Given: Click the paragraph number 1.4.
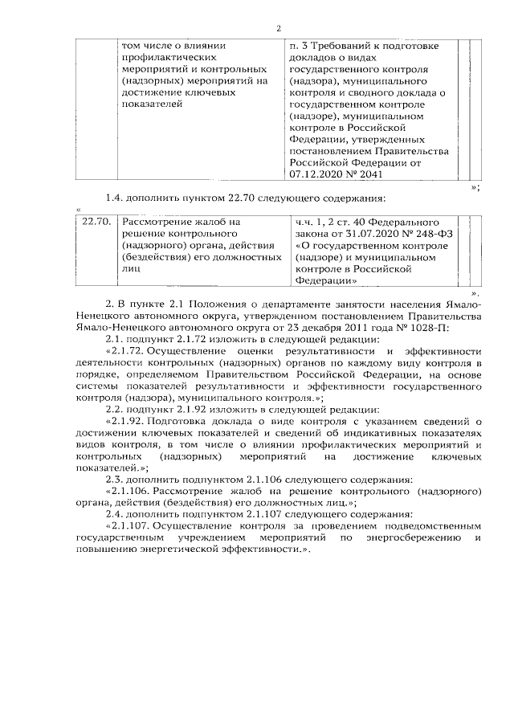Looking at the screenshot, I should tap(116, 198).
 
